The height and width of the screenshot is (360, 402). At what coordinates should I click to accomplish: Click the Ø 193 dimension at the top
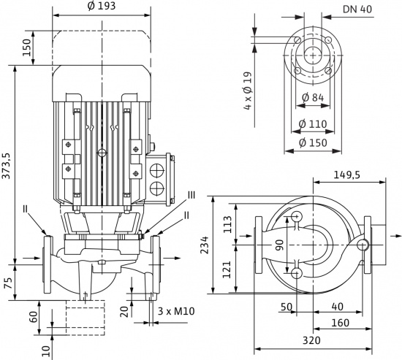coord(101,7)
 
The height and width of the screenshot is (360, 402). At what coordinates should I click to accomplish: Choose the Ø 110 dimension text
coord(312,124)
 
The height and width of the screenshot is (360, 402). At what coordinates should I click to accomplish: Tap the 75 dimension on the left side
coord(7,283)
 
